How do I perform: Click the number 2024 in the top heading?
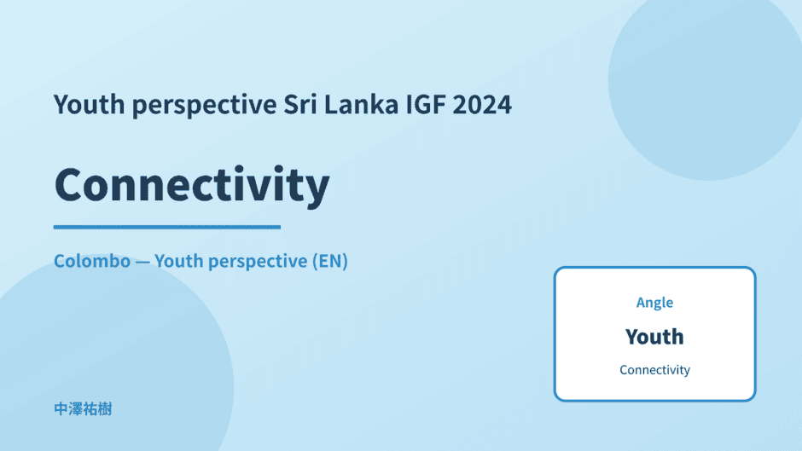click(482, 104)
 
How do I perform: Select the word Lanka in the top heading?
click(361, 104)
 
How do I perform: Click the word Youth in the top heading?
click(89, 104)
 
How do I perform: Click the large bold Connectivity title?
click(192, 185)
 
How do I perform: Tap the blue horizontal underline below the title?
click(166, 227)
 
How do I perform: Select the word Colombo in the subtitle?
click(92, 261)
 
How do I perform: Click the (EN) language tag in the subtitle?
click(330, 261)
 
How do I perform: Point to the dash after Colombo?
click(142, 262)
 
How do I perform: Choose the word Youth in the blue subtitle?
click(179, 261)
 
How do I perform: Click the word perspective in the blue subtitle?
click(258, 262)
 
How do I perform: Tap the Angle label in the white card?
click(654, 303)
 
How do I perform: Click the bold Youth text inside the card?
click(654, 337)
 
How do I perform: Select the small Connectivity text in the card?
click(654, 370)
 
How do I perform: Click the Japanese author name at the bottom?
click(83, 409)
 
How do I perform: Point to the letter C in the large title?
click(71, 184)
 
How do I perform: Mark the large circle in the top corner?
click(706, 82)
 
